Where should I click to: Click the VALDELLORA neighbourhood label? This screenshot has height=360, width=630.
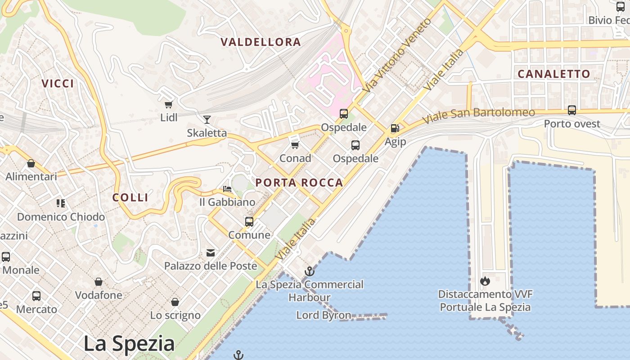[261, 42]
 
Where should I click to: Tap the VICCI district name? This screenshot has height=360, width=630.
[58, 83]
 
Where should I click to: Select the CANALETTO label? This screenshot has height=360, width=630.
[553, 74]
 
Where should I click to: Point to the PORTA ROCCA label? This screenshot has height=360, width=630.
[299, 183]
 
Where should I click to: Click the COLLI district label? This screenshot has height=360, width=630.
[130, 197]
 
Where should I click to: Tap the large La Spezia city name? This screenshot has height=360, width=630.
[129, 343]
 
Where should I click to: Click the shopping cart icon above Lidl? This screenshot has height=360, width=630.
[168, 105]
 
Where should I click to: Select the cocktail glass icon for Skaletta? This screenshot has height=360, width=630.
[207, 120]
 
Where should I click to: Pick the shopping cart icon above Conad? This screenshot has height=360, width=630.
[295, 145]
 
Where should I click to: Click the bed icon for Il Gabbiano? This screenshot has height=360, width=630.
[227, 189]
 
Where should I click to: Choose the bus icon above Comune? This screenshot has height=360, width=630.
[249, 221]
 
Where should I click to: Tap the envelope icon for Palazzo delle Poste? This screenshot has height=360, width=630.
[211, 253]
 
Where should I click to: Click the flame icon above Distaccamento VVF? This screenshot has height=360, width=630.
[485, 281]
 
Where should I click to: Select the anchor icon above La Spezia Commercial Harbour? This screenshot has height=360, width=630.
[309, 271]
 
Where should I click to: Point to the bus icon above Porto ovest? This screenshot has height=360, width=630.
[571, 110]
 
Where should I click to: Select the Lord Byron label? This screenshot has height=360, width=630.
[324, 315]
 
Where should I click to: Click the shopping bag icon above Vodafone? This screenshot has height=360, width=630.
[99, 282]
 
